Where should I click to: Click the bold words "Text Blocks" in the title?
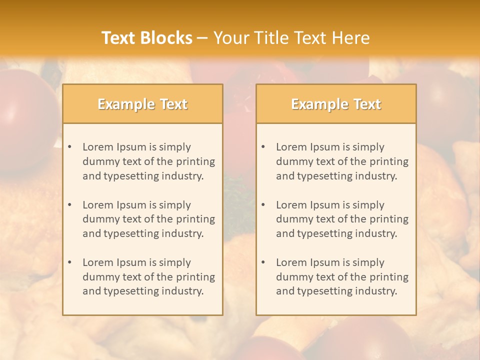tap(147, 38)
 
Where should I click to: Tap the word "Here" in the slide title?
tap(351, 38)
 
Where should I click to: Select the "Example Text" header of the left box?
tap(142, 104)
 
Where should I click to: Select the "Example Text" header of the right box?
tap(336, 104)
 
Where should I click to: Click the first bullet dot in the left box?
tap(70, 147)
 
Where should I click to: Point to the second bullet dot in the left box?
tap(70, 205)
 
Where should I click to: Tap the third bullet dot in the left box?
tap(70, 262)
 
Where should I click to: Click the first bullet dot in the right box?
tap(263, 147)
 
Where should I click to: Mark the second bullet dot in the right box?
tap(263, 205)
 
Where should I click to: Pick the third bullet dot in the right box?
tap(263, 262)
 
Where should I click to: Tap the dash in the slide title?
tap(202, 38)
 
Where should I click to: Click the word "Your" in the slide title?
tap(228, 38)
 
